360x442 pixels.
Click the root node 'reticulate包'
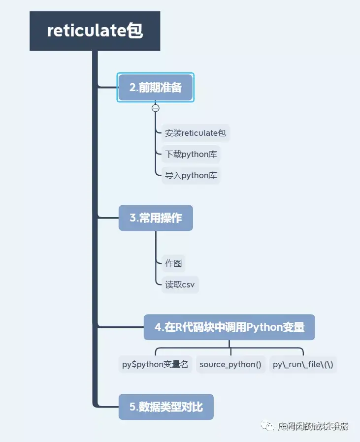[x=95, y=31]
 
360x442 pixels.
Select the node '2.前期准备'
[x=156, y=88]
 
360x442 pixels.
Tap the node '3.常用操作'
[x=156, y=218]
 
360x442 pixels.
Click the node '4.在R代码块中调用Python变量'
[x=229, y=327]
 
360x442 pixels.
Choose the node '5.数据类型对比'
[x=166, y=407]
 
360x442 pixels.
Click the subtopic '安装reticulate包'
[x=196, y=133]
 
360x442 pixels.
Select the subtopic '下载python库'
[x=191, y=154]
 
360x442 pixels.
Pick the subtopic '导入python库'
[x=191, y=175]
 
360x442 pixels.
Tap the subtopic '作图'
[x=173, y=263]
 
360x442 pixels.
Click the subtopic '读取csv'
[x=180, y=284]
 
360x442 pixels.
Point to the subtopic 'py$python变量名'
[x=155, y=365]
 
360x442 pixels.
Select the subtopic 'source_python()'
[x=230, y=365]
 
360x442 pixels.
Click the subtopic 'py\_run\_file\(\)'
[x=303, y=365]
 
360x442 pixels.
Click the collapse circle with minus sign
[x=156, y=108]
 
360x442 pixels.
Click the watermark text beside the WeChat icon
[x=313, y=426]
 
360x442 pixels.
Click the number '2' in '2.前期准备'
[x=132, y=88]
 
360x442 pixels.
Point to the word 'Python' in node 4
[x=263, y=327]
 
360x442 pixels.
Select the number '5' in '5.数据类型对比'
[x=132, y=407]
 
